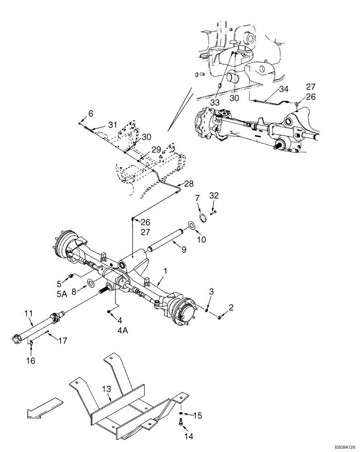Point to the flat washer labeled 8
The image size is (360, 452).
90,283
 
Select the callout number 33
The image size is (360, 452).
215,103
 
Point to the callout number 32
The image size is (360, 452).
214,195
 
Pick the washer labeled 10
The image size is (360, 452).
192,225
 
